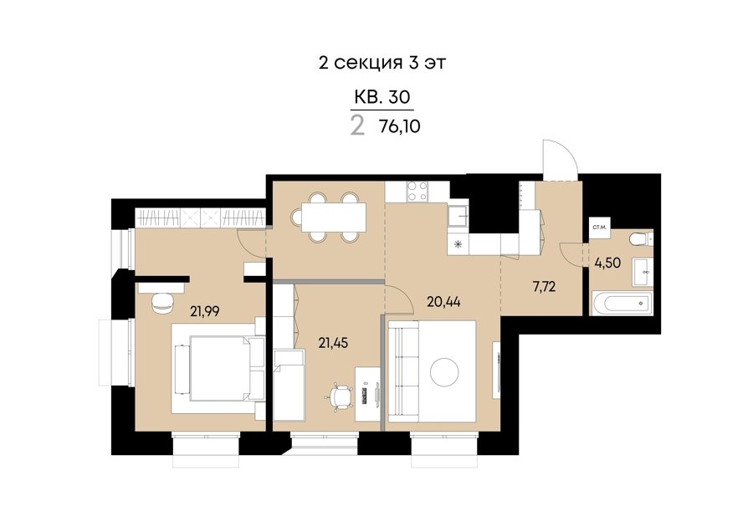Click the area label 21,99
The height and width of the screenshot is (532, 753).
(x=205, y=312)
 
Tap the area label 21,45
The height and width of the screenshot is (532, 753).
(x=333, y=342)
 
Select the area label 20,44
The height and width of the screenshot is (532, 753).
(x=443, y=302)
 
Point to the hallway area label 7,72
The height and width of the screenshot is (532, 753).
(x=544, y=287)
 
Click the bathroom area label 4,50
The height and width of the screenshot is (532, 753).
(x=607, y=263)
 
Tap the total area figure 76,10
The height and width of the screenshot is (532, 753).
(x=400, y=126)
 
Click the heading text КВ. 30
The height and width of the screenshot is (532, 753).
(x=382, y=97)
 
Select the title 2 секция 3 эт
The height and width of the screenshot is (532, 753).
(x=382, y=63)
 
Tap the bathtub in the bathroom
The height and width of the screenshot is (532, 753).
(x=622, y=303)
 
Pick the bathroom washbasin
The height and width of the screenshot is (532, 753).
(x=643, y=272)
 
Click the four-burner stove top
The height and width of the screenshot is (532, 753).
(x=417, y=191)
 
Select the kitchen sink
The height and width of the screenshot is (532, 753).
(x=458, y=215)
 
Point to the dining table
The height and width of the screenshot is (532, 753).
(x=333, y=217)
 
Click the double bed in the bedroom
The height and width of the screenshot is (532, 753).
(x=219, y=367)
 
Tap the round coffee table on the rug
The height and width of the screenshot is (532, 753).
(x=444, y=371)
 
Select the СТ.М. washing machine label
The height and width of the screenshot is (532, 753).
(x=598, y=228)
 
